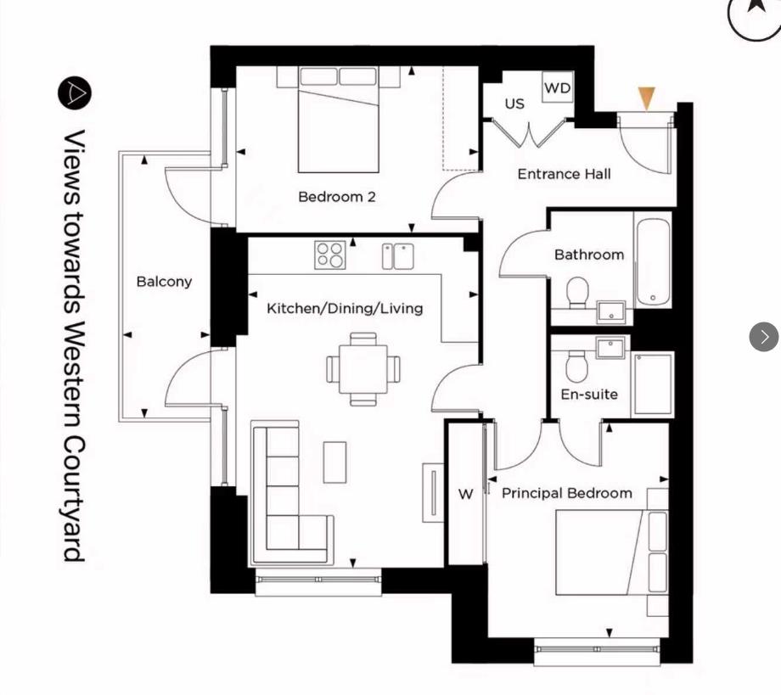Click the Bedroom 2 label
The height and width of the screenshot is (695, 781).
(x=336, y=197)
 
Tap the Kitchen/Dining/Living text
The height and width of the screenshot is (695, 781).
(x=345, y=308)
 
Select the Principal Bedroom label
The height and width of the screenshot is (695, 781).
(x=566, y=493)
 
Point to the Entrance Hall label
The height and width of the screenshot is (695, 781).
(x=564, y=174)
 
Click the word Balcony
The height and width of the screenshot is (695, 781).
(x=164, y=282)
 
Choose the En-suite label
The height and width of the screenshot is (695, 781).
(x=589, y=395)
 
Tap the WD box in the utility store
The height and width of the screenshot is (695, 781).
(x=557, y=88)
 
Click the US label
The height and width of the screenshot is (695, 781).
(x=514, y=104)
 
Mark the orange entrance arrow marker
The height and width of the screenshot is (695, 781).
(x=647, y=98)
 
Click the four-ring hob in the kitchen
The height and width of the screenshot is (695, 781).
(x=330, y=255)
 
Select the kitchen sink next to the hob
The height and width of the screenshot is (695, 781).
(x=397, y=255)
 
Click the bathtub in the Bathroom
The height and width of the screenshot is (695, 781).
(x=653, y=261)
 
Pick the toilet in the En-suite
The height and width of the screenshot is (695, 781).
(x=577, y=366)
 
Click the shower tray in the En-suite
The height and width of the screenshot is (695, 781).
(x=652, y=384)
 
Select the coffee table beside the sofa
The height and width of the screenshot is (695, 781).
(x=334, y=462)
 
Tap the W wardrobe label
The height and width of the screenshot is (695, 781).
(x=465, y=495)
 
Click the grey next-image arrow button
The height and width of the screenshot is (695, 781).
(x=763, y=337)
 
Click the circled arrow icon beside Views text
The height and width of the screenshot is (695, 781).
(x=75, y=92)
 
